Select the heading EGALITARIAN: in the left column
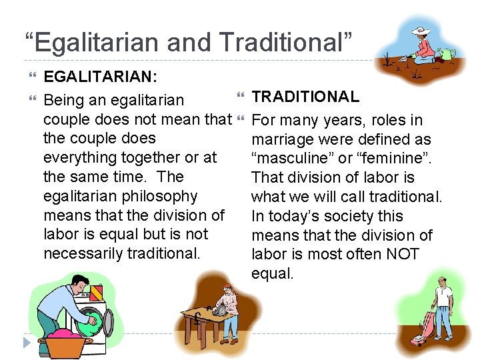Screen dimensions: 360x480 (100, 77)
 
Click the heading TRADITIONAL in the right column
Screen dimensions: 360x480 (305, 97)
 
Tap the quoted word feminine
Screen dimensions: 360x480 (391, 159)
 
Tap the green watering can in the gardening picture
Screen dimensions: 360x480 (448, 53)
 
